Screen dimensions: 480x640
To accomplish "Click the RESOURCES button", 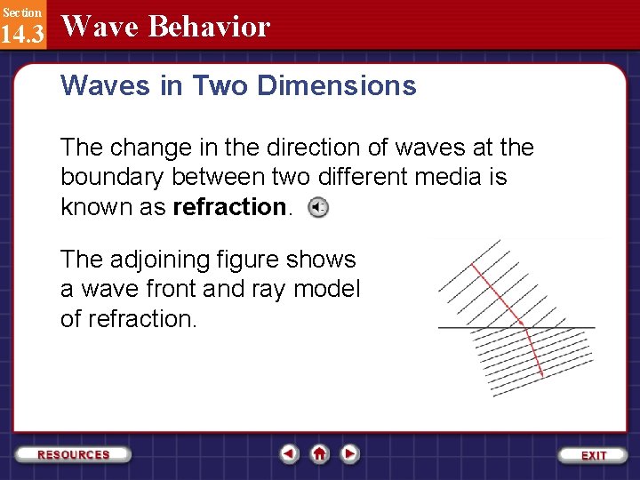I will (x=74, y=454).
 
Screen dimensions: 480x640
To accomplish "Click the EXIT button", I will (x=594, y=454).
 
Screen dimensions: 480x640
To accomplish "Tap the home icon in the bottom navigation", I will (x=320, y=454).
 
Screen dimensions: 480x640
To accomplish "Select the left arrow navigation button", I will (x=289, y=454).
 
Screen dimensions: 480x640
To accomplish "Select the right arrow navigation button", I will (x=350, y=454).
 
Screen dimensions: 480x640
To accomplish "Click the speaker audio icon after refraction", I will (x=317, y=208).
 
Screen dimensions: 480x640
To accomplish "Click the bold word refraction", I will (x=228, y=207).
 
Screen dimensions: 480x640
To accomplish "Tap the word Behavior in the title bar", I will (x=209, y=27).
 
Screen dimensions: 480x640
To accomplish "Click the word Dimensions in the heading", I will (x=338, y=85).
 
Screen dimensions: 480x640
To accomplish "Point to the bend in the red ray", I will (x=526, y=328).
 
